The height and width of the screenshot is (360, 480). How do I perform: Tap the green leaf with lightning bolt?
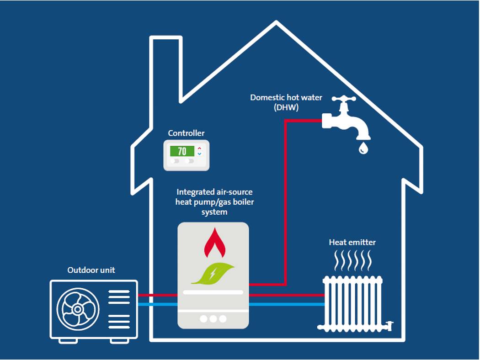coord(213,274)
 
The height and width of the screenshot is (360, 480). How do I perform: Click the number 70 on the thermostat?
coord(182,151)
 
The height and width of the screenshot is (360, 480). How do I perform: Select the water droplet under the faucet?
coord(363,148)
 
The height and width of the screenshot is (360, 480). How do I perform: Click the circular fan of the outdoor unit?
coord(77,309)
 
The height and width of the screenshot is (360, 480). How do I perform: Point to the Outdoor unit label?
coord(91,270)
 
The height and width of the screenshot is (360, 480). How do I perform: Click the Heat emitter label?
coord(352,242)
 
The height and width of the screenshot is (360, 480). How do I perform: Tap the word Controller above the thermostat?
coord(186,133)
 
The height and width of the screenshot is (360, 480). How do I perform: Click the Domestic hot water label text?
coord(286,97)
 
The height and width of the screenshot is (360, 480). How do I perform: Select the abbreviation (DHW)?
coord(286,107)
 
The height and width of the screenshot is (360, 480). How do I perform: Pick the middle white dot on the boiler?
coord(213,319)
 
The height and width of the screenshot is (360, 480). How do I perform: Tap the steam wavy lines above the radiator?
coord(352,263)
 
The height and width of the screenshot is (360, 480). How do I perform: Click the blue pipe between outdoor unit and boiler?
coord(157,304)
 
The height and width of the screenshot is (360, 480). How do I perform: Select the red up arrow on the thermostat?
coord(199,148)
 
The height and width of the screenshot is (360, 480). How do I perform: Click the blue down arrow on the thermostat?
coord(199,154)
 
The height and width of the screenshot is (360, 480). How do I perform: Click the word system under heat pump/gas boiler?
coord(214,212)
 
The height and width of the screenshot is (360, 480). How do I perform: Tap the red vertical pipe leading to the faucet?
coord(285,201)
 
